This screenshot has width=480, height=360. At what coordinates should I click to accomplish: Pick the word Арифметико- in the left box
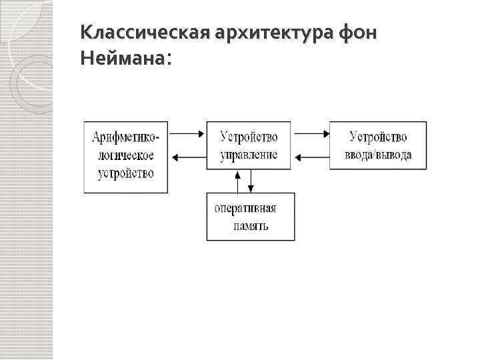point(126,138)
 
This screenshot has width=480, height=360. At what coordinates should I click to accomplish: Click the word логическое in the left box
point(125,155)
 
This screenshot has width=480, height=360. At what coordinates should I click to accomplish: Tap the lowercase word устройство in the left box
point(125,173)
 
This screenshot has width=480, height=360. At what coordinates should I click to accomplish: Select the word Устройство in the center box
point(249,137)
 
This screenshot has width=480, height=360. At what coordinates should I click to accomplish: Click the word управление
point(249,155)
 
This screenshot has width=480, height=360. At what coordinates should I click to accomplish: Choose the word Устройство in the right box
point(378,137)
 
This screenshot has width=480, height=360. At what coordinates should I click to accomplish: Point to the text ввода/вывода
point(378,155)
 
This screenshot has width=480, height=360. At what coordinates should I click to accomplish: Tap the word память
point(251,225)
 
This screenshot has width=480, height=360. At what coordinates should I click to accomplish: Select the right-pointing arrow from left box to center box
point(187,133)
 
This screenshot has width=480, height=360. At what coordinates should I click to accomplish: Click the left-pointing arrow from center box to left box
point(187,158)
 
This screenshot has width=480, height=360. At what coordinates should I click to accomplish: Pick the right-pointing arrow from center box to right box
point(311,133)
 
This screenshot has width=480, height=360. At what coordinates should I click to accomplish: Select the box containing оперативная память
point(250,217)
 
